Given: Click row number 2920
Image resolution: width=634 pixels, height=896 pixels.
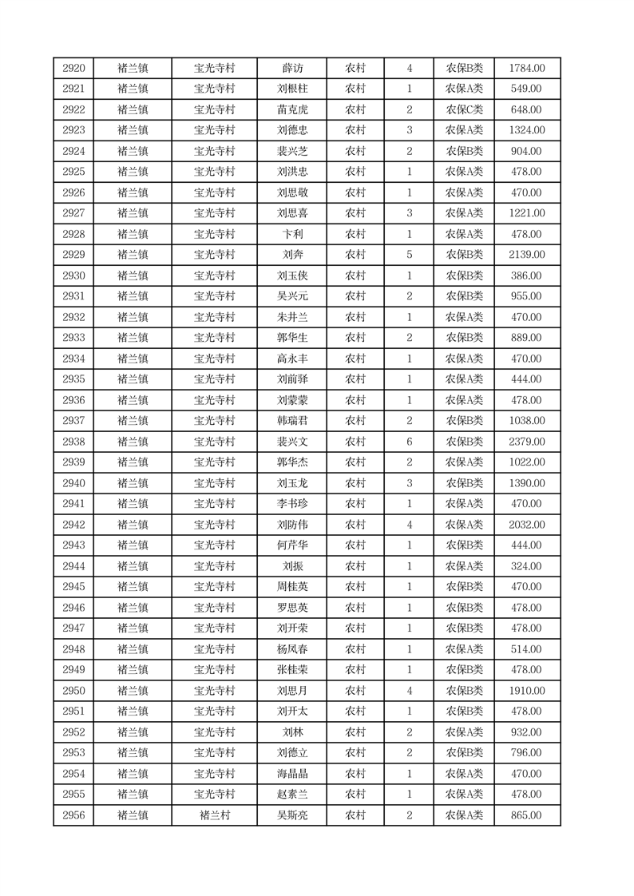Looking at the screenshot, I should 73,68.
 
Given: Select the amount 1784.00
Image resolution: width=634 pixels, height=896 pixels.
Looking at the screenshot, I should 526,68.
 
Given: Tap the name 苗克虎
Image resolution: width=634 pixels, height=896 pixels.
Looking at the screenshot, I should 291,109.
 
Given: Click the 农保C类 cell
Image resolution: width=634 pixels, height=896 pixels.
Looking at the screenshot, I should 464,109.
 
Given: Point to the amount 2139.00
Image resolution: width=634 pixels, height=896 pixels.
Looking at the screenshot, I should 526,255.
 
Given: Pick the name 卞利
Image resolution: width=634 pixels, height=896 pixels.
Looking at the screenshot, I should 291,234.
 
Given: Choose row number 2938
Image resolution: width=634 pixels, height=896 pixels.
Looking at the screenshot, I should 73,442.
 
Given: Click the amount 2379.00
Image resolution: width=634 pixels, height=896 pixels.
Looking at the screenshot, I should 526,442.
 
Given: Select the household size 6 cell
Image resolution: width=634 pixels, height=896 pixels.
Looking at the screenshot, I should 409,442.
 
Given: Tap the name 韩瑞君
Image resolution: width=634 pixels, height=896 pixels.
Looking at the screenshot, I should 291,421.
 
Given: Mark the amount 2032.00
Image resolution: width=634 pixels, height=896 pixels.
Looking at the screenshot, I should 526,525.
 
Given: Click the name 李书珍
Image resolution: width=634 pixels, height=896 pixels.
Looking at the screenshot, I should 291,504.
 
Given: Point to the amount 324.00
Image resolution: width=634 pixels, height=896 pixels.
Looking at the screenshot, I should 526,566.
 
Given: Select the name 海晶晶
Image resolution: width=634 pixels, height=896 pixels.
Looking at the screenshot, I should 291,774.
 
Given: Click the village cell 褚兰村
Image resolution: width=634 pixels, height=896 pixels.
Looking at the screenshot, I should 214,815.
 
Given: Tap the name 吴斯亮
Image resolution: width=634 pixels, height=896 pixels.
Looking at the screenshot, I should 291,815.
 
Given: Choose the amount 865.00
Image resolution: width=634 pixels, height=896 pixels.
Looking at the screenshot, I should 526,815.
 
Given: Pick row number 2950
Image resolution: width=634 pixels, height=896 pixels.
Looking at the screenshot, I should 73,691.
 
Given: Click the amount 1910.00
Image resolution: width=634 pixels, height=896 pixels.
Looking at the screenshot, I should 526,691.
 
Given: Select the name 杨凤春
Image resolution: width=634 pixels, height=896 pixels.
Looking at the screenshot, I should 291,649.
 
